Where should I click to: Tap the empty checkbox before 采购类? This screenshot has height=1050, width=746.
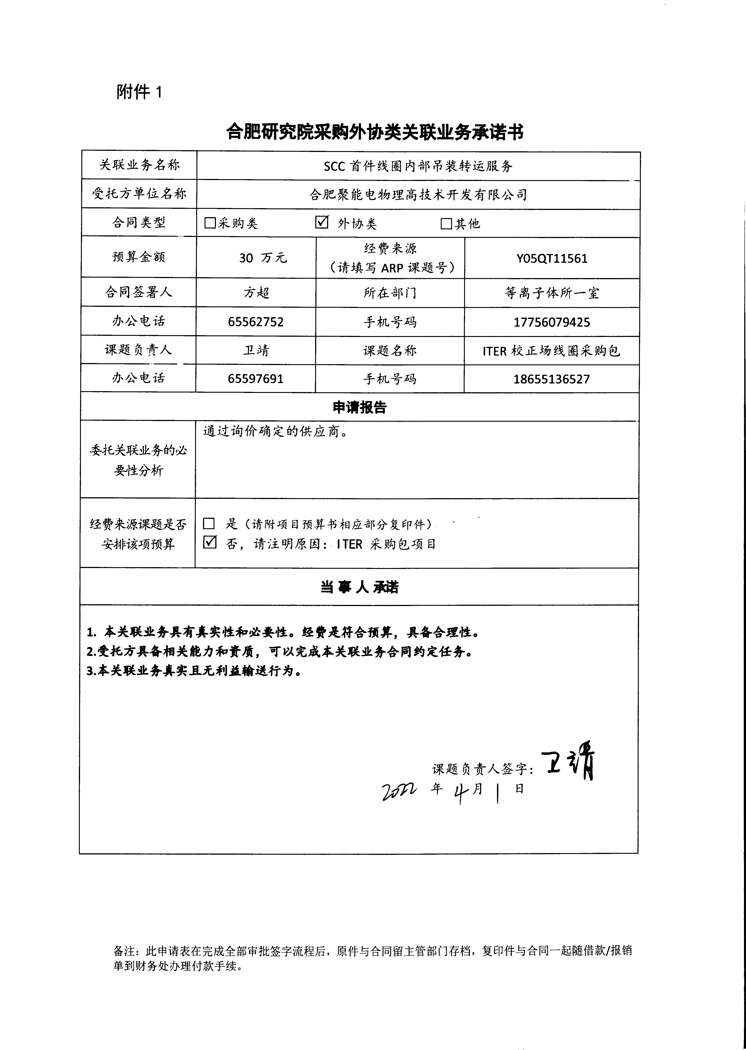(210, 223)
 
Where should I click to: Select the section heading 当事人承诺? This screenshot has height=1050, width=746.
(360, 587)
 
